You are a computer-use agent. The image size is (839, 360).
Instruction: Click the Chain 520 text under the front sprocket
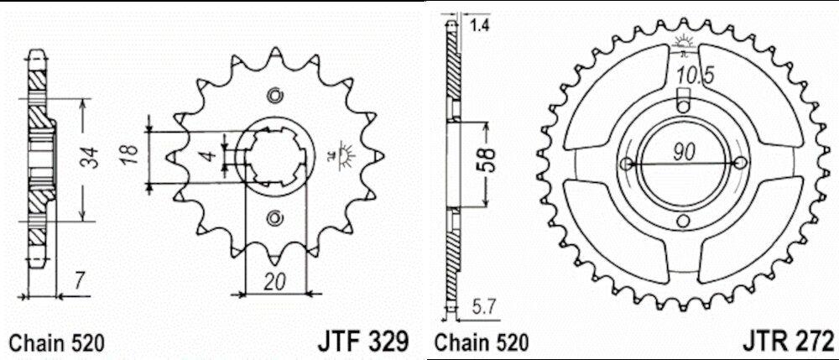point(56,342)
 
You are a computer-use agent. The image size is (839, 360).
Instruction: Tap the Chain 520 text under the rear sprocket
point(482,342)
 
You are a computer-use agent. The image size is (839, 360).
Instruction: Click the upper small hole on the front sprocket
point(274,94)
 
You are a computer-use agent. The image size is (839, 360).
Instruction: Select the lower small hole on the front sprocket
point(274,219)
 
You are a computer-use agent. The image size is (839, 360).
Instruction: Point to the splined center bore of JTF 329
point(274,156)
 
